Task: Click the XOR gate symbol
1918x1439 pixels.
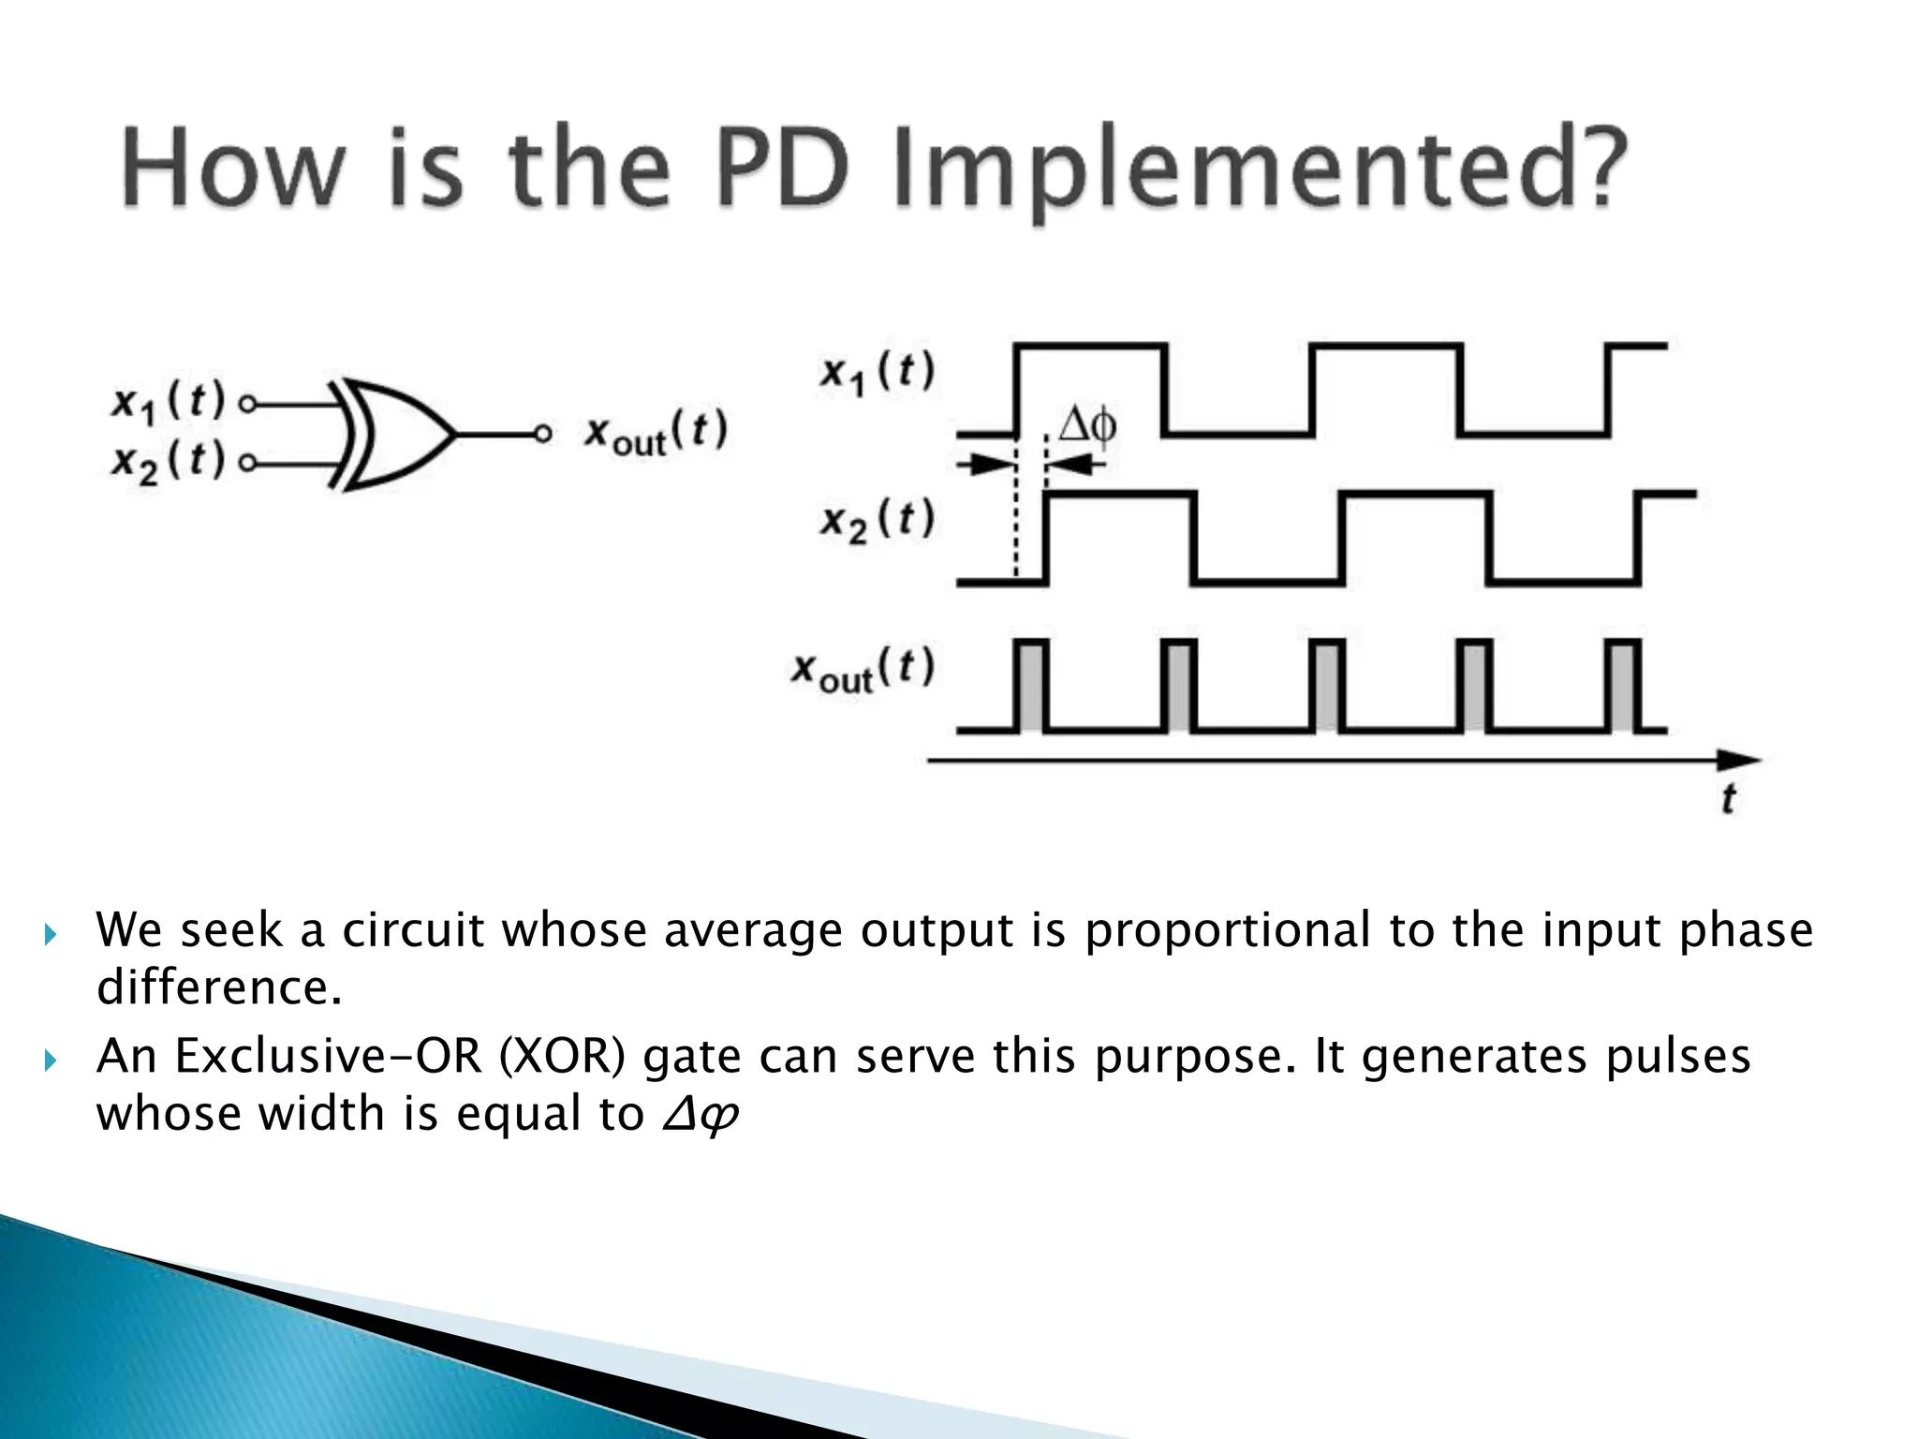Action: [x=393, y=435]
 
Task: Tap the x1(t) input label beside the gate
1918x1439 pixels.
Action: [x=169, y=402]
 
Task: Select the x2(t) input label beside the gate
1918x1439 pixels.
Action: [x=169, y=461]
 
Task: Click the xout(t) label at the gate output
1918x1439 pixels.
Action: [x=656, y=434]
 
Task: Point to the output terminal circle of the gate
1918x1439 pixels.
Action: [x=542, y=435]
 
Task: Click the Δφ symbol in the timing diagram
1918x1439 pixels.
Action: [x=1087, y=426]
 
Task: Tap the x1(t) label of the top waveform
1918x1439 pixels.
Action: [x=878, y=372]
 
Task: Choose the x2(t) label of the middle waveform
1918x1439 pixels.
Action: [x=878, y=520]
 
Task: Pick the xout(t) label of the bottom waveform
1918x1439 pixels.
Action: [x=863, y=669]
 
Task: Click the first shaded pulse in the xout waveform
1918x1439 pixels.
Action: [x=1031, y=686]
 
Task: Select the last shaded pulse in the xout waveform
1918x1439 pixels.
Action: [x=1623, y=686]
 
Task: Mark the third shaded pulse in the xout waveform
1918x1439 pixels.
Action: [x=1327, y=686]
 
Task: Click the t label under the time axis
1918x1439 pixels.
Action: [x=1728, y=799]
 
